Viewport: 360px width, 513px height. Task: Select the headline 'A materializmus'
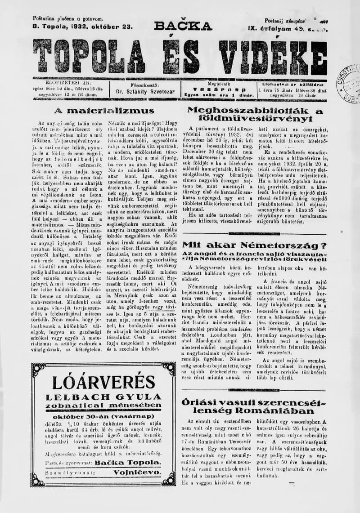[x=104, y=111]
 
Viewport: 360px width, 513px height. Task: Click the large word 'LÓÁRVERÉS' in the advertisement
[x=103, y=383]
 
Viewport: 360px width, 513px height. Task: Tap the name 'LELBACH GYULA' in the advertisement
[x=103, y=397]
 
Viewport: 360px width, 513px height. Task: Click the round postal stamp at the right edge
[x=349, y=83]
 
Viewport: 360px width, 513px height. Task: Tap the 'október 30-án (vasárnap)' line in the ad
[x=104, y=416]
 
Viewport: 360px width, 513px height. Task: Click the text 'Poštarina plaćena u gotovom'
[x=68, y=18]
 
